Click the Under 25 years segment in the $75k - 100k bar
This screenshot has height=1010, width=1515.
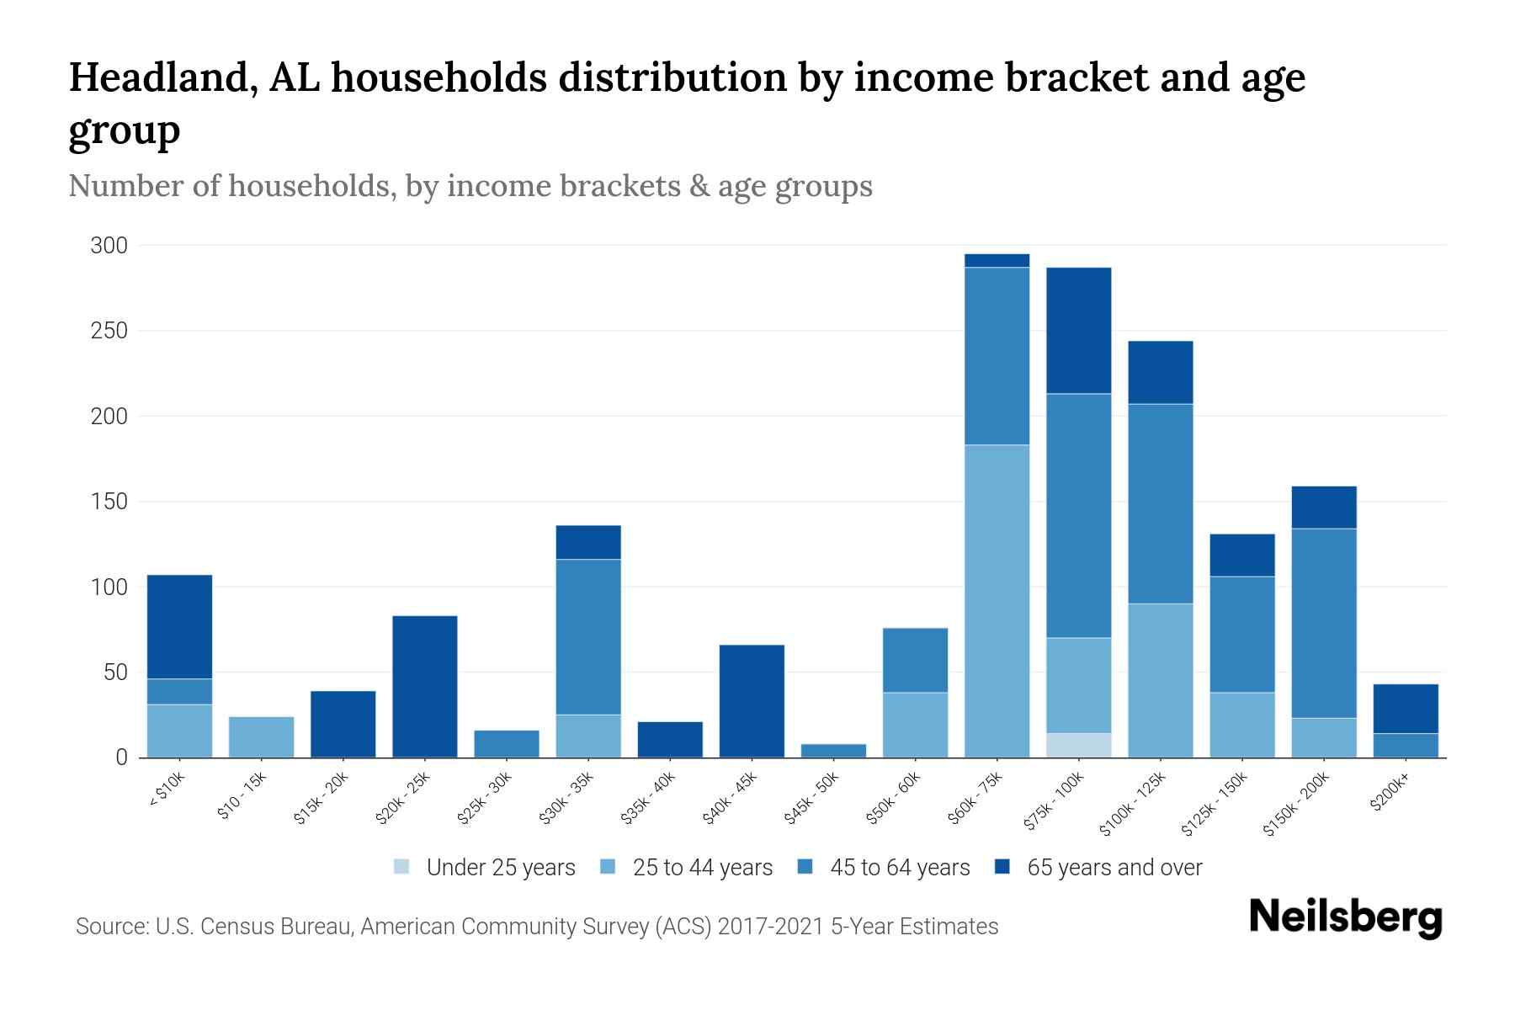click(1078, 745)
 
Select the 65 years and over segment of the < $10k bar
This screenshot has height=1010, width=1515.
click(179, 626)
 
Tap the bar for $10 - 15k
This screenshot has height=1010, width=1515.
click(261, 736)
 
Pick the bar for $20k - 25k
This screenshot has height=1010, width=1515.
click(424, 686)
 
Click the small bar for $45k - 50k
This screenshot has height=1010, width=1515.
click(833, 750)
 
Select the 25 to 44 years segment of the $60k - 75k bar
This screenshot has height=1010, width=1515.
click(997, 600)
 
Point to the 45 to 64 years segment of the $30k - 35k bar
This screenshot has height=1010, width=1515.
click(588, 636)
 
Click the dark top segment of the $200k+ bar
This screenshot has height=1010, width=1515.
click(1405, 709)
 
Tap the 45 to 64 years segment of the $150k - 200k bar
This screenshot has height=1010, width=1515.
click(1323, 623)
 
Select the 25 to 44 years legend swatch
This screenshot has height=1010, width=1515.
click(608, 867)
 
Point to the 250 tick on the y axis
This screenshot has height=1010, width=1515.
click(109, 331)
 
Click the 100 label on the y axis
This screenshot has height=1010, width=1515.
click(109, 587)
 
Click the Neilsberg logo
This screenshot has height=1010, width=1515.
click(1345, 917)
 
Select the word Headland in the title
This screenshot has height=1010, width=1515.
click(163, 77)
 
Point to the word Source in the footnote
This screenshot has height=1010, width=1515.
click(111, 926)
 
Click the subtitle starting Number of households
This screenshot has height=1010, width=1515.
click(470, 185)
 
